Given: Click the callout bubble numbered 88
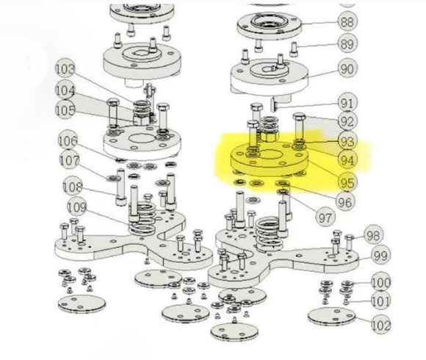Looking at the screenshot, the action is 347,21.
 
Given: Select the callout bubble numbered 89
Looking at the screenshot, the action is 347,44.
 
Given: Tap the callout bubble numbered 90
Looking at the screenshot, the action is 347,69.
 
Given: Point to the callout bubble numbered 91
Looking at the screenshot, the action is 347,104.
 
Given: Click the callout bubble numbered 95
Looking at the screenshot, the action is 347,182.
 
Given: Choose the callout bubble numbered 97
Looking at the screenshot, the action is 325,217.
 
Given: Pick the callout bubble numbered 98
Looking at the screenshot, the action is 373,235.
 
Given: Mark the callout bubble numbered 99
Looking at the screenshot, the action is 380,256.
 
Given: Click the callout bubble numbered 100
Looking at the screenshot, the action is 381,283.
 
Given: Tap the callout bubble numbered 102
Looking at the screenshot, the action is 381,325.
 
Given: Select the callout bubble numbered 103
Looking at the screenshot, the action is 65,68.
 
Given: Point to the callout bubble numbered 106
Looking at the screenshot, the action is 68,141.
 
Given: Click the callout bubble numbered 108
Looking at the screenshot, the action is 73,187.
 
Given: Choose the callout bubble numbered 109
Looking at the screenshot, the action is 77,207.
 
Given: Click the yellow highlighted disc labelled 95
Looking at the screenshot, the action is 269,159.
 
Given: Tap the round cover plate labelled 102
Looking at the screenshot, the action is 332,316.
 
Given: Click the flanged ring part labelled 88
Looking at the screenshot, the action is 270,26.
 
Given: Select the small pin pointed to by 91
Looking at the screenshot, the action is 273,105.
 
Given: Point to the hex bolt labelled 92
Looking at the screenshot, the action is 299,127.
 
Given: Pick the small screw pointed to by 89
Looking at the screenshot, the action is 294,49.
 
